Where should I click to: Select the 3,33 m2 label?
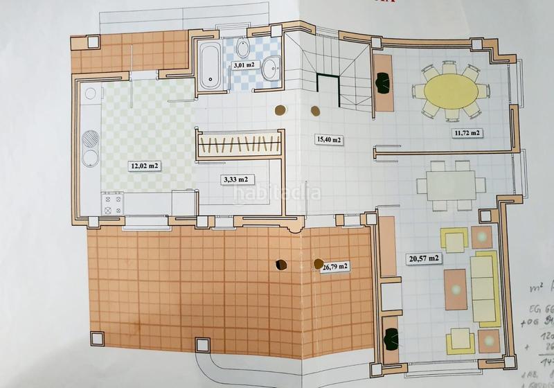(x=235, y=179)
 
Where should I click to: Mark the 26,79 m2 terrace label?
(x=334, y=265)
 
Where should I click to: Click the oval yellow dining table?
(x=449, y=91)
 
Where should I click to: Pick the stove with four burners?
(x=114, y=204)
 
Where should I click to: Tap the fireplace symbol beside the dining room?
(x=382, y=84)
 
